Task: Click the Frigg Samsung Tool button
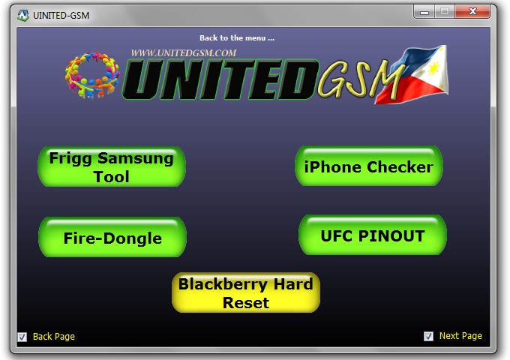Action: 112,166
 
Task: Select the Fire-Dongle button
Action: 112,237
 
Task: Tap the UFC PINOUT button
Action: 373,235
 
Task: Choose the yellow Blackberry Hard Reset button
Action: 246,292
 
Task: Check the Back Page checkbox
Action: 22,337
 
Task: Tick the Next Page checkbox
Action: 428,336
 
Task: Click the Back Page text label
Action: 54,337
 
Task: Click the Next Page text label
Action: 460,336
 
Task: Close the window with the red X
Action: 473,12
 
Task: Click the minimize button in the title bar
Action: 424,12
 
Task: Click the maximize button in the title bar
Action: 445,12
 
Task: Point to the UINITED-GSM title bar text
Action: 61,15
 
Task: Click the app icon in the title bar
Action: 23,15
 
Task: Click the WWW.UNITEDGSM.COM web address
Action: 184,53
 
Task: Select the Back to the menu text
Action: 237,38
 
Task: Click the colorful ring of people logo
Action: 92,75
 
